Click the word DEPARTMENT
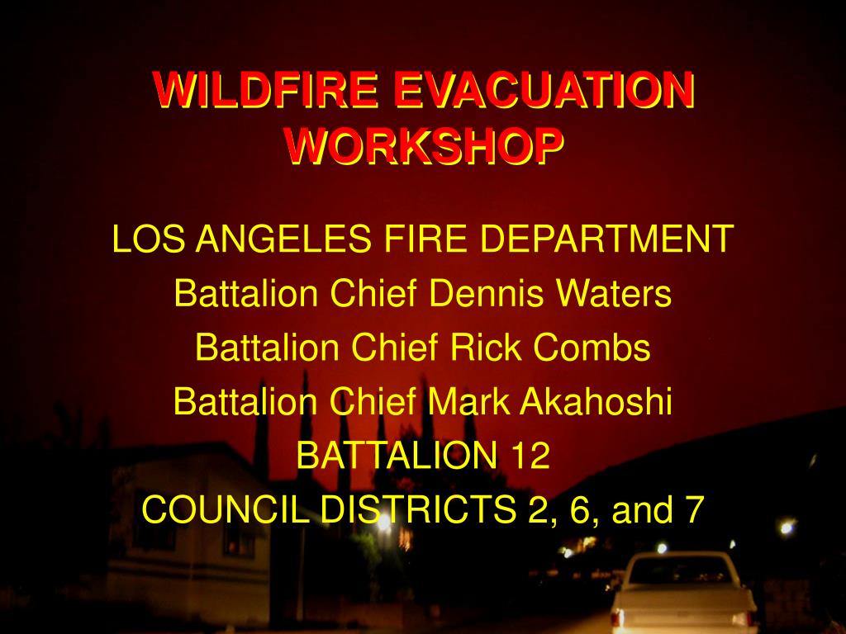click(x=606, y=239)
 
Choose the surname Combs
click(x=592, y=348)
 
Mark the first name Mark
click(x=467, y=402)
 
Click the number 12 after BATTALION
click(x=530, y=456)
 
